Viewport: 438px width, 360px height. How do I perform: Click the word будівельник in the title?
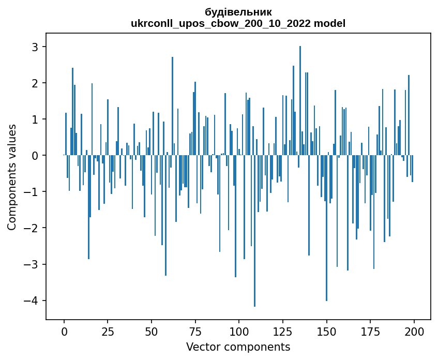pyautogui.click(x=238, y=12)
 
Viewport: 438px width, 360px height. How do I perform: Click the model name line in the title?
pyautogui.click(x=238, y=23)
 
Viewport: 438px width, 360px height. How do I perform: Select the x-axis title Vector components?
pyautogui.click(x=238, y=347)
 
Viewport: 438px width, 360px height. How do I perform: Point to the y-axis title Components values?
pyautogui.click(x=11, y=177)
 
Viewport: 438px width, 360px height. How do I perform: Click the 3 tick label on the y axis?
pyautogui.click(x=36, y=47)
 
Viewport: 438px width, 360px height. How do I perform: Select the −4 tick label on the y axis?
pyautogui.click(x=33, y=301)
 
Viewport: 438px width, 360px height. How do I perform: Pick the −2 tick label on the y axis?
pyautogui.click(x=33, y=228)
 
